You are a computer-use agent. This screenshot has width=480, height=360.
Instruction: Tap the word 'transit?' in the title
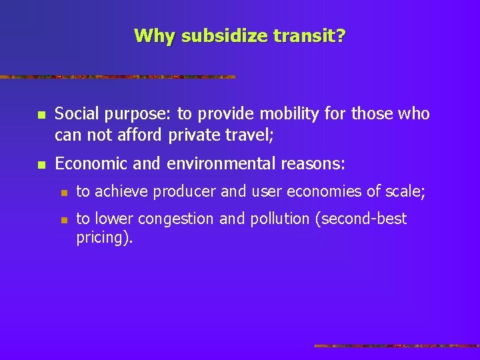point(313,35)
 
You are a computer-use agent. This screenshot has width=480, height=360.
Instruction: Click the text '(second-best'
point(363,219)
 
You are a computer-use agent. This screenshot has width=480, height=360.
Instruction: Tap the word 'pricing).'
point(105,238)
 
